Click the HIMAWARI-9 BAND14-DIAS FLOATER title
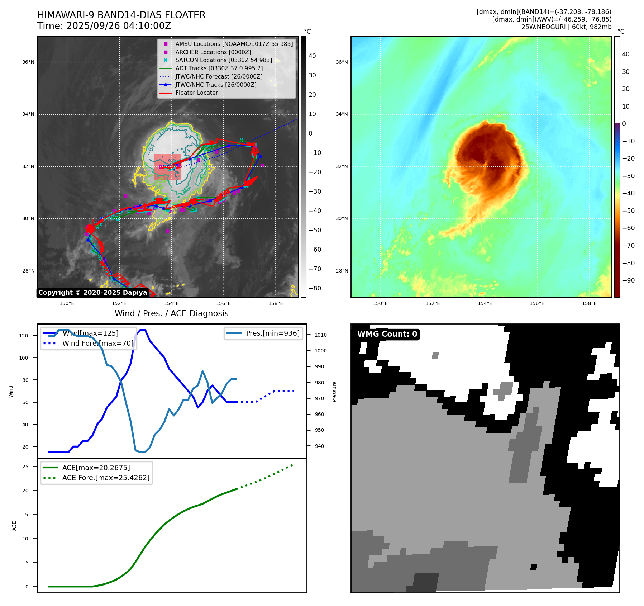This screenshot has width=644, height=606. [121, 15]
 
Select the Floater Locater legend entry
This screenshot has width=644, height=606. [196, 93]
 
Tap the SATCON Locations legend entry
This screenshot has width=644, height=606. [223, 60]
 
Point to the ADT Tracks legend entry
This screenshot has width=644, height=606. [219, 68]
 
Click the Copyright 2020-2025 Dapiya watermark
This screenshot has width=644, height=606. [92, 293]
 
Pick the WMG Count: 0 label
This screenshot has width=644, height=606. [387, 334]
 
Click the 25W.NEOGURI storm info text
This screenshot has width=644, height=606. [566, 27]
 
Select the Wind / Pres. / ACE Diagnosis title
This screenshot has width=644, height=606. [171, 313]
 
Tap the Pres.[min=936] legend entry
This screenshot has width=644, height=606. [272, 333]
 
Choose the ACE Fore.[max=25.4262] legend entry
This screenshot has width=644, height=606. [106, 478]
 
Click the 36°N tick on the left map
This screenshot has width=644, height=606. [28, 62]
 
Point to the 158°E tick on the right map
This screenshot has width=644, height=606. [589, 303]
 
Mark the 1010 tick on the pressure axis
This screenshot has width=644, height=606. [321, 335]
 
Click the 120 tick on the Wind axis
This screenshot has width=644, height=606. [24, 336]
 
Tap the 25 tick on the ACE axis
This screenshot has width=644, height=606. [25, 467]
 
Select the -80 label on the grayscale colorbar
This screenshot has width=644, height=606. [315, 288]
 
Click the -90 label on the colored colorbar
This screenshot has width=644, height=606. [628, 280]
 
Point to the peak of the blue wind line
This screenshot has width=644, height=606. [143, 330]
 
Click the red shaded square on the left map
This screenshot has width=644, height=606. [167, 167]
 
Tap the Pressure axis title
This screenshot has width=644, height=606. [335, 391]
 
